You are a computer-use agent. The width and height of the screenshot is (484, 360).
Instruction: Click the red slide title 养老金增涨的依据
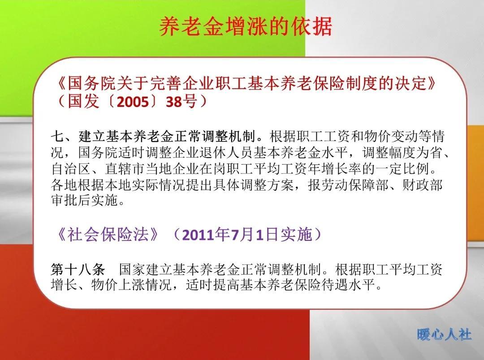pyautogui.click(x=246, y=27)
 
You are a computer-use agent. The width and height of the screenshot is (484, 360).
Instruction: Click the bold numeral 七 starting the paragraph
pyautogui.click(x=57, y=136)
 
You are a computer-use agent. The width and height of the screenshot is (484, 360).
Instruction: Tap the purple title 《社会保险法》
pyautogui.click(x=107, y=234)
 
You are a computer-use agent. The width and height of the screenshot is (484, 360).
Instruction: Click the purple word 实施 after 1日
pyautogui.click(x=296, y=235)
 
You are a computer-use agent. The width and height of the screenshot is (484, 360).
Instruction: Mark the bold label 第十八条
pyautogui.click(x=78, y=270)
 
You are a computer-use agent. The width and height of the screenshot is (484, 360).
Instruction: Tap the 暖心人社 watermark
pyautogui.click(x=444, y=334)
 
